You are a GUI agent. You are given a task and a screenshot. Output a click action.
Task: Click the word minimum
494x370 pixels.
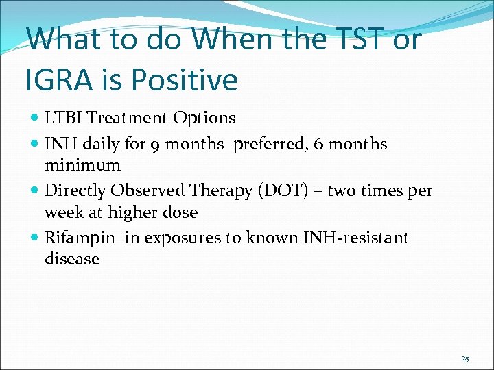point(82,165)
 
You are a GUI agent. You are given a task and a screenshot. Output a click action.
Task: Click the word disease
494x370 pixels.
point(71,259)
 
